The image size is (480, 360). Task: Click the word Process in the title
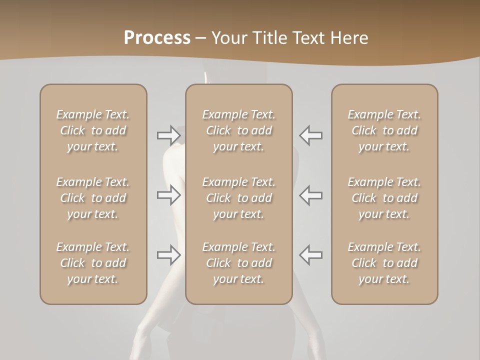[x=157, y=38]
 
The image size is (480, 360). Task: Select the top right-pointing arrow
[x=168, y=135]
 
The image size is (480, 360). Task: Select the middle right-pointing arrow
[x=168, y=195]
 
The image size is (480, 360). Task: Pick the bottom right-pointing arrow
[x=168, y=255]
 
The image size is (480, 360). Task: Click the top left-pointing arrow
[x=310, y=135]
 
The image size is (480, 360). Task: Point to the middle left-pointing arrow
[x=310, y=195]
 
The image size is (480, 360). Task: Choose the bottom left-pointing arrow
[x=310, y=255]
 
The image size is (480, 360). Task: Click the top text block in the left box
[x=93, y=130]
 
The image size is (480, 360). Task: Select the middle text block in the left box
[x=93, y=198]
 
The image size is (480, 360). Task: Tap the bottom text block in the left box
[x=93, y=263]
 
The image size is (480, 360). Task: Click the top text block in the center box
[x=238, y=130]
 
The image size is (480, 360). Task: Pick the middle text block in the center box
[x=238, y=198]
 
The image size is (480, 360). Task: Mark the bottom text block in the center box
[x=238, y=263]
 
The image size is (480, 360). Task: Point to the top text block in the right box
[x=384, y=130]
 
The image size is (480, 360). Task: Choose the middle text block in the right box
[x=384, y=198]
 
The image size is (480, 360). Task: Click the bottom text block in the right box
[x=384, y=263]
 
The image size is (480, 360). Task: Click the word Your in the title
[x=229, y=38]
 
